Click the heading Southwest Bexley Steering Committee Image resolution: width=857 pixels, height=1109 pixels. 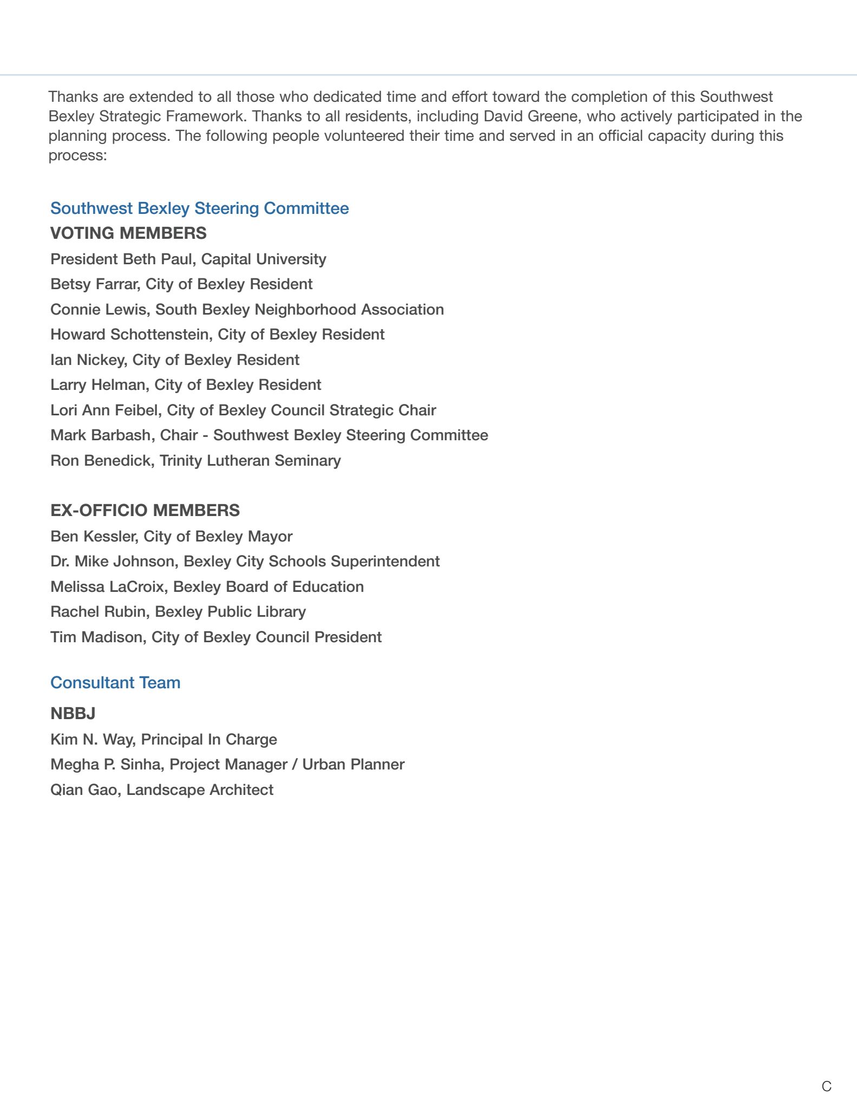(x=199, y=208)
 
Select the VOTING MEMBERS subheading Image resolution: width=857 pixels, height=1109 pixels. (x=128, y=233)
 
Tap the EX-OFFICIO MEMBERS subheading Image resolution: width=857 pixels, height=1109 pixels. (x=145, y=511)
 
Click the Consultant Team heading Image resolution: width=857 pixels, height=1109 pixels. (x=115, y=683)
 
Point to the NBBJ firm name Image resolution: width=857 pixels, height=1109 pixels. (x=73, y=714)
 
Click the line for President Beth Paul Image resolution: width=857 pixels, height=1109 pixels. (x=188, y=259)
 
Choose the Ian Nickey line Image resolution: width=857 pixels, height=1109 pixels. (x=174, y=360)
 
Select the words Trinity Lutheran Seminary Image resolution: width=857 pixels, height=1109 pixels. (x=250, y=461)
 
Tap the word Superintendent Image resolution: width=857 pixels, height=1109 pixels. (x=385, y=562)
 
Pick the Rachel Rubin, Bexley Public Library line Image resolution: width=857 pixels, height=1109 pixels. (x=178, y=612)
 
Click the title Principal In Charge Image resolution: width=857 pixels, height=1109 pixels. (x=209, y=740)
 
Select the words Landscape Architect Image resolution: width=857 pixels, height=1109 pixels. (x=200, y=790)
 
